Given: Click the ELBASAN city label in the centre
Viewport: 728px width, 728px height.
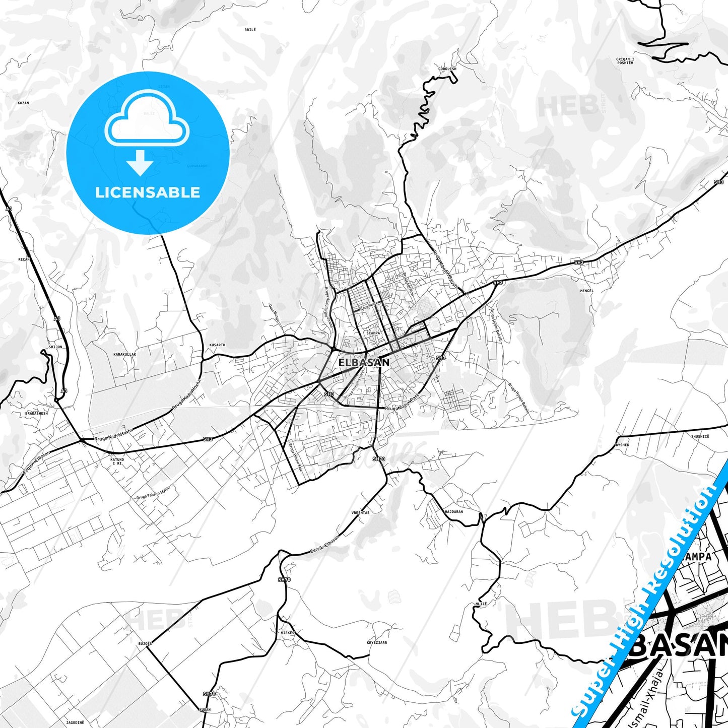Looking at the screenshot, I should tap(363, 362).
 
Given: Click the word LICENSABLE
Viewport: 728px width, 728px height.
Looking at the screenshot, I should tap(148, 192).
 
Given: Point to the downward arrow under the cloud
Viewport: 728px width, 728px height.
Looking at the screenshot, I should tap(140, 162).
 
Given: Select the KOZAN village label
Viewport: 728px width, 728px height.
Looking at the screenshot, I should tap(23, 103).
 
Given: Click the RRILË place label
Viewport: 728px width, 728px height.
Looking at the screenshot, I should tap(250, 30).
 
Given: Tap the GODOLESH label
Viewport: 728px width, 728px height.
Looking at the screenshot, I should tap(447, 69).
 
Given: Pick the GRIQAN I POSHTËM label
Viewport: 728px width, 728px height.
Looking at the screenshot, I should tap(625, 61).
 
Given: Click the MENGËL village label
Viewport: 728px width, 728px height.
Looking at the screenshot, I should tap(587, 291).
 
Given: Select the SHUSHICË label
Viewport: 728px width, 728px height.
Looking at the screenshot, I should tap(700, 436).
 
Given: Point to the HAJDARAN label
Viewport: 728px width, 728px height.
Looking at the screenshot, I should tap(454, 511).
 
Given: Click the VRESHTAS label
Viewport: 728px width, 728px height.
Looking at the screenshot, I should tap(360, 513).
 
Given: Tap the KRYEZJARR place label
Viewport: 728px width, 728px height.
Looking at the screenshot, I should tap(377, 642).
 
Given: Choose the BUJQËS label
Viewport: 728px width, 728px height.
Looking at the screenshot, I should tap(145, 644).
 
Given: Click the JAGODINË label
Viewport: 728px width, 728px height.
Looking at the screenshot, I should tap(75, 722).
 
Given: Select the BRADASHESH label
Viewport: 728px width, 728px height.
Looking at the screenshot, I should tap(36, 413).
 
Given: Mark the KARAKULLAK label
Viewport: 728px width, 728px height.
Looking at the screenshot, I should tap(124, 354).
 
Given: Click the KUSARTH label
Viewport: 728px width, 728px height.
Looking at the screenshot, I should tap(217, 345).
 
